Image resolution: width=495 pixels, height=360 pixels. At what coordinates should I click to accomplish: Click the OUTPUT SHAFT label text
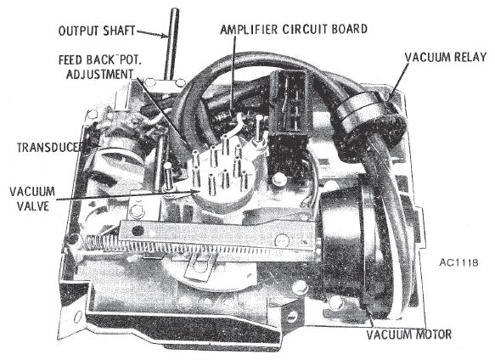coord(97,31)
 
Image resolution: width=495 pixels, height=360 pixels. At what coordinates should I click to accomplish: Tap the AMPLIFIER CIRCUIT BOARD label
coord(294,29)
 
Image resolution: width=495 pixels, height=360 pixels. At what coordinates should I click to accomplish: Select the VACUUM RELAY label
coord(446,57)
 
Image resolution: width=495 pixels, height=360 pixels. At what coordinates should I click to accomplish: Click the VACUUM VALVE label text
coord(32,199)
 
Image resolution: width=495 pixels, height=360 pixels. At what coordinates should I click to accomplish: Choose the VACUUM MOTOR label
coord(408,335)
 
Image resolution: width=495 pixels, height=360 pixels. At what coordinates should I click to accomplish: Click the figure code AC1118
coord(458,262)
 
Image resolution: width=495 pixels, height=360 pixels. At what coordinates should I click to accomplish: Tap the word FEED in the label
coord(70,59)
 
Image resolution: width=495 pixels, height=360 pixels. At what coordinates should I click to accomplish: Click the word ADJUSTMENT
coord(99,74)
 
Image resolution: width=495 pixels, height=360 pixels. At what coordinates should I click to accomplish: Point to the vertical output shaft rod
coord(172,44)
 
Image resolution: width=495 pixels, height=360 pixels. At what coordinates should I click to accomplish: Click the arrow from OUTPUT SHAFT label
coord(152,34)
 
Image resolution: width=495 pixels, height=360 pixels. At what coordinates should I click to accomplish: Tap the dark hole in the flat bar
coord(138,231)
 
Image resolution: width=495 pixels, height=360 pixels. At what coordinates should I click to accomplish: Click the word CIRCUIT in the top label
coord(304,29)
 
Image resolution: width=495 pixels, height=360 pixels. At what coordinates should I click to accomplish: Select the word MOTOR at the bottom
coord(431,335)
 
